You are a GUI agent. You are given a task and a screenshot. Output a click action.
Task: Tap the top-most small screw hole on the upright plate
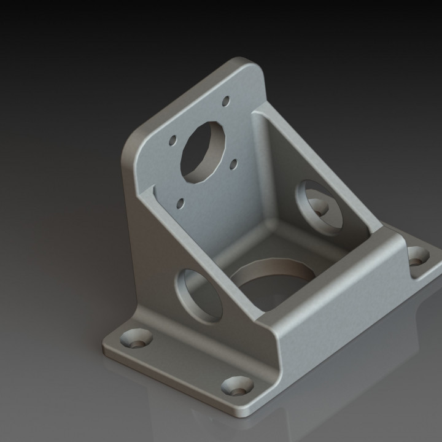point(225,100)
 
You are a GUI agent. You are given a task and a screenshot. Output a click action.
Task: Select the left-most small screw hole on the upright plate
point(173,140)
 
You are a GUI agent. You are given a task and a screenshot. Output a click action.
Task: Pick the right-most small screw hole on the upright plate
point(234,164)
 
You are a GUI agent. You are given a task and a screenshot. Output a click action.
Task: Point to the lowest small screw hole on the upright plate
point(180,203)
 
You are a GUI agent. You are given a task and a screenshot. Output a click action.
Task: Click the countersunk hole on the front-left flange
point(136,338)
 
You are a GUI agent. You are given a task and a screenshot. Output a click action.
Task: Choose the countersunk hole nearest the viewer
point(237,386)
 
